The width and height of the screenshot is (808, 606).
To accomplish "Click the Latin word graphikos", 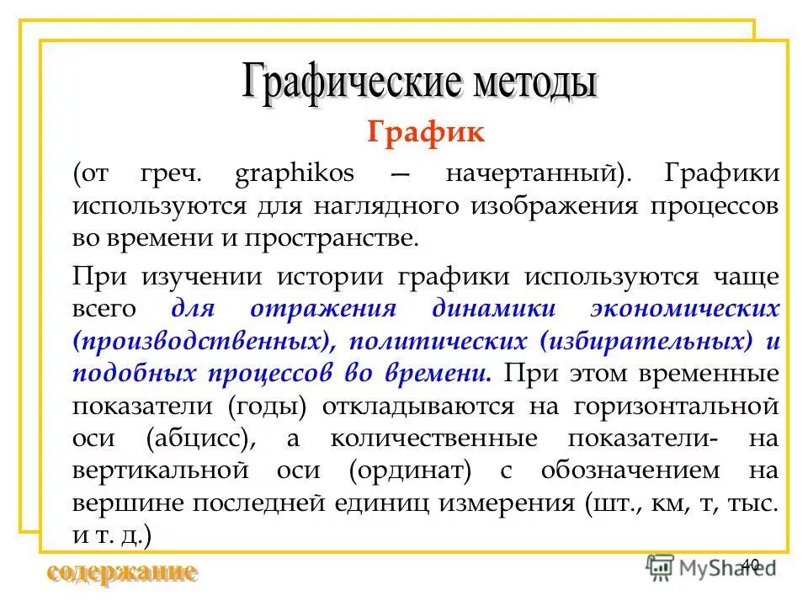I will point(294,175).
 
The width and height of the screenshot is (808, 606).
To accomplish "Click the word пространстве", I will point(332,237).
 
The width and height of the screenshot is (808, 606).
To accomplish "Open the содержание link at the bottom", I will point(122,572).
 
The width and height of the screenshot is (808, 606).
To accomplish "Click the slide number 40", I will point(752,564).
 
